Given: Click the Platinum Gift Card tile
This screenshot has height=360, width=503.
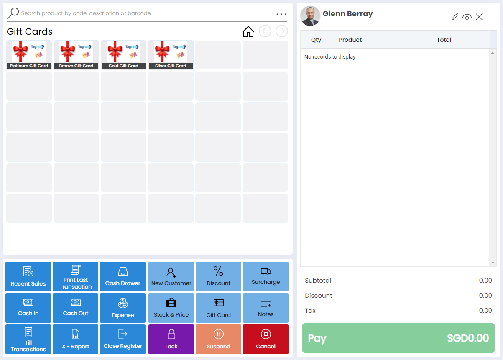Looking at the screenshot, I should click(x=29, y=55).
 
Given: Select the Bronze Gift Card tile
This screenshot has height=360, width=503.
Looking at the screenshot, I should click(x=76, y=55).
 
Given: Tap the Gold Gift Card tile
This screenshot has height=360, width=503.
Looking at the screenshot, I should click(x=123, y=55).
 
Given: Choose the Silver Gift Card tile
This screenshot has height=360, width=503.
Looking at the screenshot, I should click(x=171, y=55).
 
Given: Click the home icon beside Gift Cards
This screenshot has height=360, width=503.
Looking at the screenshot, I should click(x=248, y=31).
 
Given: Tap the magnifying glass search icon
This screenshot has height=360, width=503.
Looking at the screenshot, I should click(x=13, y=13).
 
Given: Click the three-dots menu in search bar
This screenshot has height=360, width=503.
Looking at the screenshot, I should click(x=281, y=14).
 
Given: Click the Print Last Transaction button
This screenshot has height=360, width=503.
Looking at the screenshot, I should click(x=76, y=276).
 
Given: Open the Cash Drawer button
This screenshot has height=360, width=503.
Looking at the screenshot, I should click(x=123, y=276).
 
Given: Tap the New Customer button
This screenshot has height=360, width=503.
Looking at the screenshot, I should click(x=171, y=276).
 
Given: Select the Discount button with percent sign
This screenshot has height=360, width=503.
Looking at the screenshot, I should click(x=219, y=276).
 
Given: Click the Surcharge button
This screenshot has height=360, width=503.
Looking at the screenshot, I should click(x=266, y=276).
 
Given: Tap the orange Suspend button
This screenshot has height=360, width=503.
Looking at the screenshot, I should click(x=219, y=339).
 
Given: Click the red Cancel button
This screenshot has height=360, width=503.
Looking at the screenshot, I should click(x=266, y=339).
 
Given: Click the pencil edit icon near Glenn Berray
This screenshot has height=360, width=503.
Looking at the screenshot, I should click(x=455, y=17).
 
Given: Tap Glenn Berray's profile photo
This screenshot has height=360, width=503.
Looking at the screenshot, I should click(x=310, y=16).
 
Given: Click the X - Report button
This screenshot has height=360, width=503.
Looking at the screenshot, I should click(x=76, y=339).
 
